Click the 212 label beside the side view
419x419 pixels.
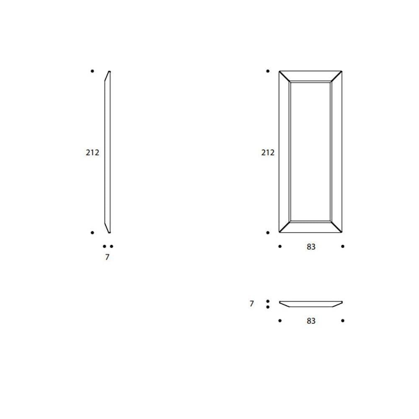click(x=93, y=153)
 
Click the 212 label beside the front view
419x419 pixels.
click(x=268, y=153)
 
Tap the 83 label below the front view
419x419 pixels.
click(x=311, y=247)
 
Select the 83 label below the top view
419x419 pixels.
click(x=311, y=321)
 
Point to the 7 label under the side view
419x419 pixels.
click(x=107, y=257)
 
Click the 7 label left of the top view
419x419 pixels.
click(x=251, y=303)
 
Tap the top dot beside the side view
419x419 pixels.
click(x=92, y=71)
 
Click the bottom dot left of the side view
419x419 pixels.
click(x=92, y=233)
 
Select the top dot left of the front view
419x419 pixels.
click(x=268, y=71)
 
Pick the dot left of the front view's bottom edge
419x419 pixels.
click(x=268, y=233)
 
